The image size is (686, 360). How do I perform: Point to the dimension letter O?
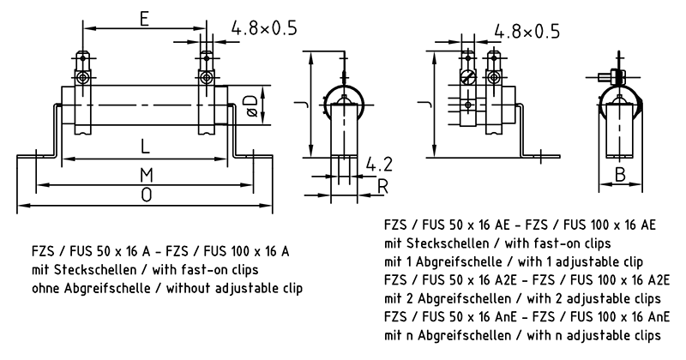[x=147, y=195]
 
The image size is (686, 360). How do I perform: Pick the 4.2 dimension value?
[x=378, y=164]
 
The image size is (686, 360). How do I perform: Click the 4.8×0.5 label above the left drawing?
[x=263, y=29]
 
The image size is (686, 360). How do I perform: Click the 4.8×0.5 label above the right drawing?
[x=527, y=32]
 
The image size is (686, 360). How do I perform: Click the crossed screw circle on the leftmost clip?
[x=81, y=78]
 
